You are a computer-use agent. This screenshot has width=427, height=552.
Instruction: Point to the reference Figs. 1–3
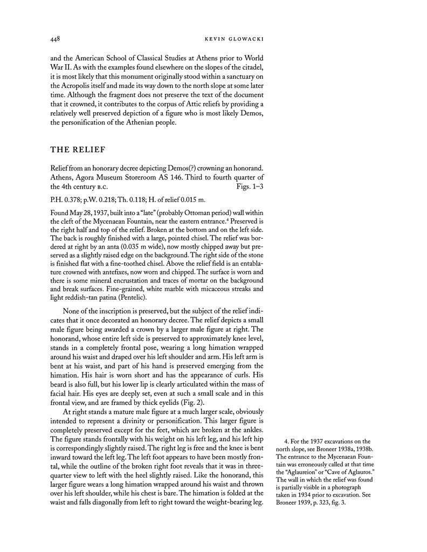(x=249, y=186)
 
